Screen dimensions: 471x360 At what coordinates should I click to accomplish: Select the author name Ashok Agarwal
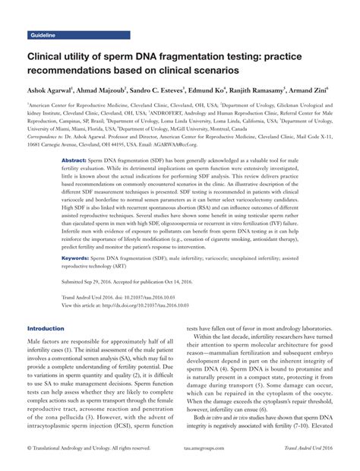(50, 90)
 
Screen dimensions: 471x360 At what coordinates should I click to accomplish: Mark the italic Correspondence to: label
(48, 138)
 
